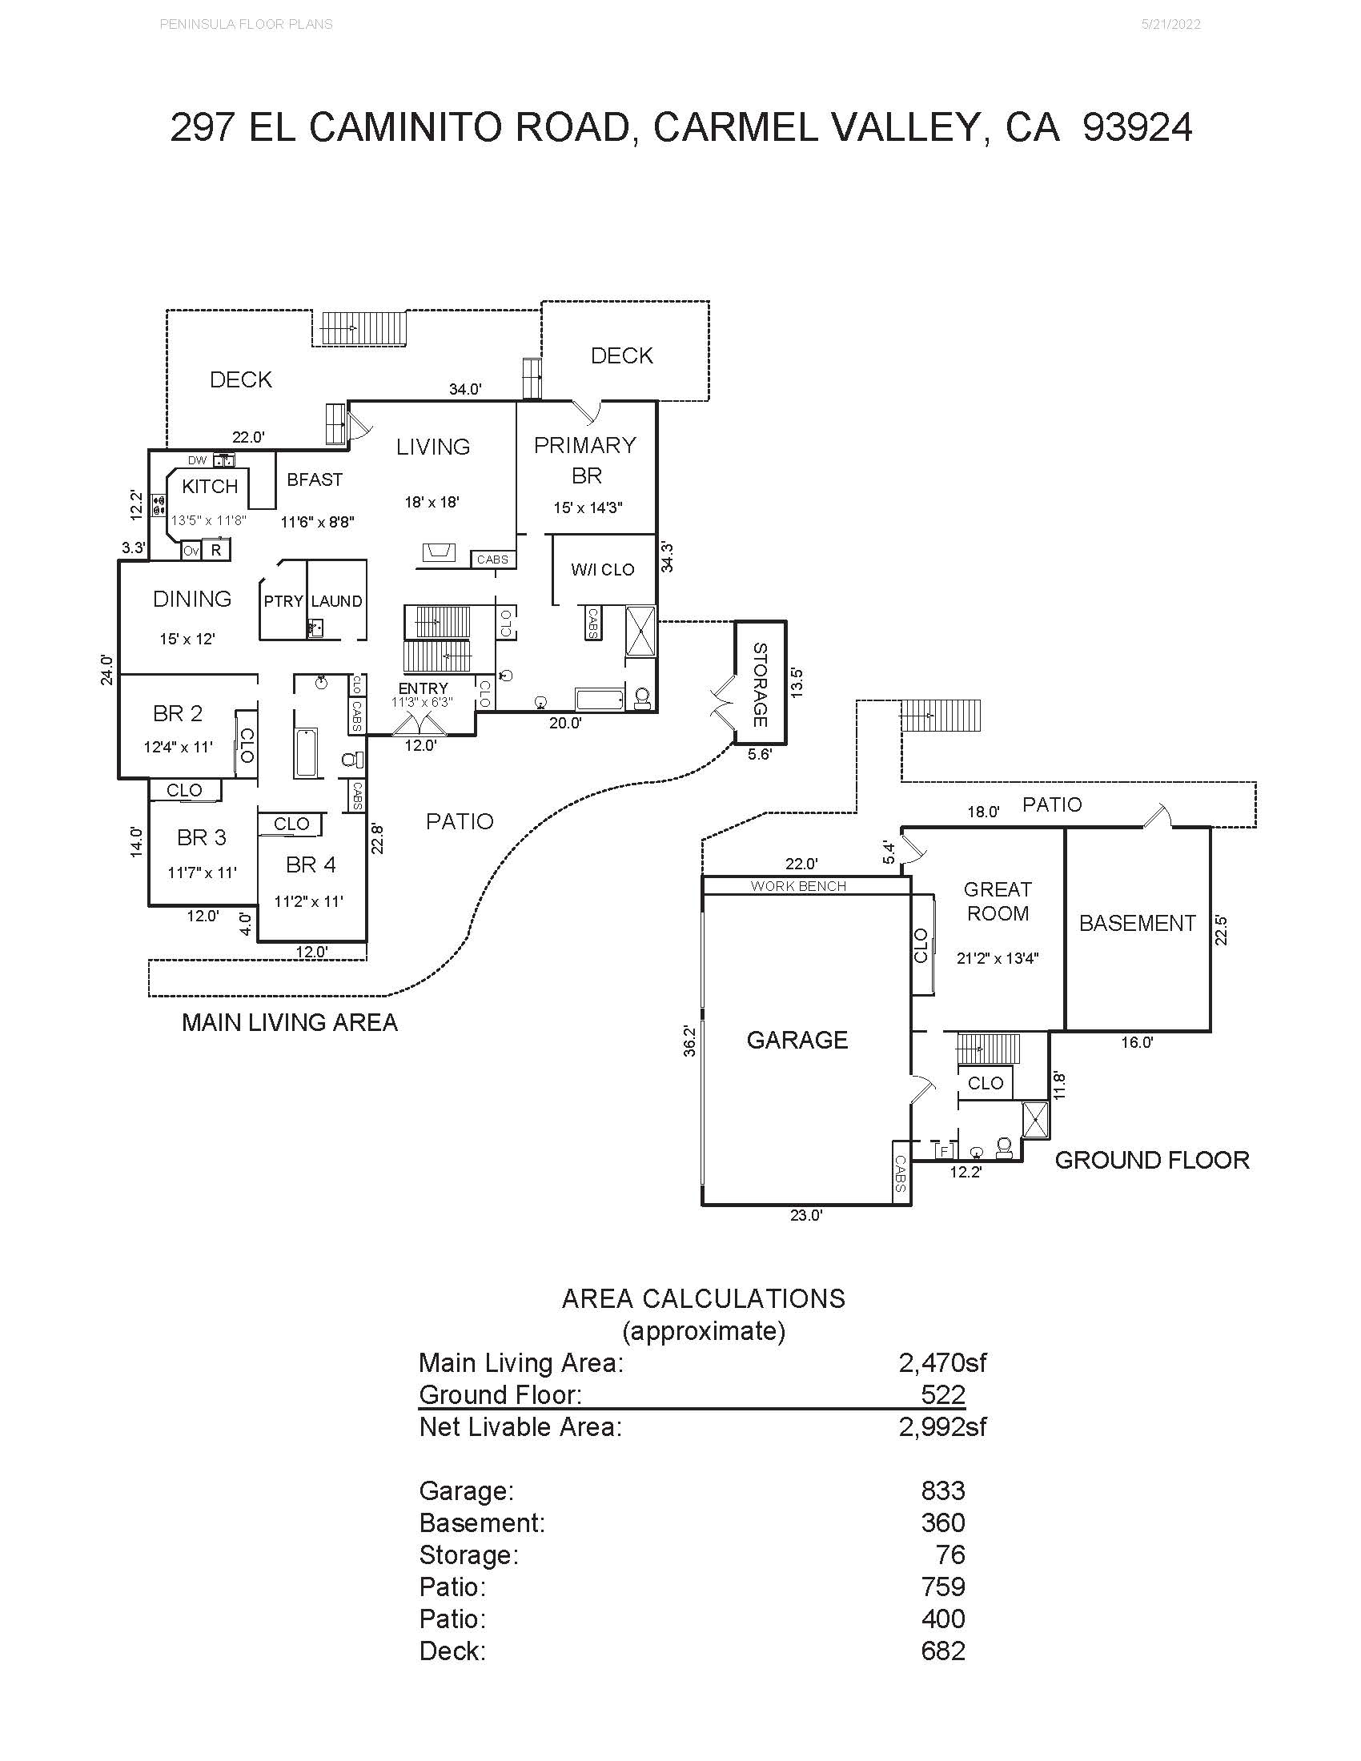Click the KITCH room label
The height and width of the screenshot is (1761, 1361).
[x=210, y=486]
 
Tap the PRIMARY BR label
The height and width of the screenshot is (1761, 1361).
[x=585, y=460]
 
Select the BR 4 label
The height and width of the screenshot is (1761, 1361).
[x=311, y=865]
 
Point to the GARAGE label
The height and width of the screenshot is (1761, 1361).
[x=797, y=1040]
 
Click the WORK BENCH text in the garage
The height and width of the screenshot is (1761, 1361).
[x=798, y=886]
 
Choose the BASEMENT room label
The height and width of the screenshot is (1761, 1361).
[x=1137, y=923]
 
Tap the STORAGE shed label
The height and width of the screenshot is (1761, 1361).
[x=760, y=684]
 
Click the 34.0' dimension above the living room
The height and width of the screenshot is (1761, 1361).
[x=465, y=390]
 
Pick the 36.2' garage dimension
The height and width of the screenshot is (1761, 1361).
[x=689, y=1040]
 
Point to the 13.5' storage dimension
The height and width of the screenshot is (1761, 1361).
[x=797, y=682]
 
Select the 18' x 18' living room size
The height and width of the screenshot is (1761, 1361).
[x=432, y=503]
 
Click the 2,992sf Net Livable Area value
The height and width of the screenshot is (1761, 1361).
[x=942, y=1426]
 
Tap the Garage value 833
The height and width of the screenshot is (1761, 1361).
[x=942, y=1491]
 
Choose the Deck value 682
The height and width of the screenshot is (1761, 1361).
[x=942, y=1651]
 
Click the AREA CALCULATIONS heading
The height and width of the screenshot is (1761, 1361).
[x=704, y=1298]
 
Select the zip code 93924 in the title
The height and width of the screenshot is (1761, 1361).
[x=1137, y=127]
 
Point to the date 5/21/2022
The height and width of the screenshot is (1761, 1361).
[x=1170, y=24]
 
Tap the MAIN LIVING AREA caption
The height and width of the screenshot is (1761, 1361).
[x=290, y=1022]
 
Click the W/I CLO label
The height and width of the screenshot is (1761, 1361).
[x=602, y=569]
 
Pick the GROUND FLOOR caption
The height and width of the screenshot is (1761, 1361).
[x=1152, y=1161]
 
